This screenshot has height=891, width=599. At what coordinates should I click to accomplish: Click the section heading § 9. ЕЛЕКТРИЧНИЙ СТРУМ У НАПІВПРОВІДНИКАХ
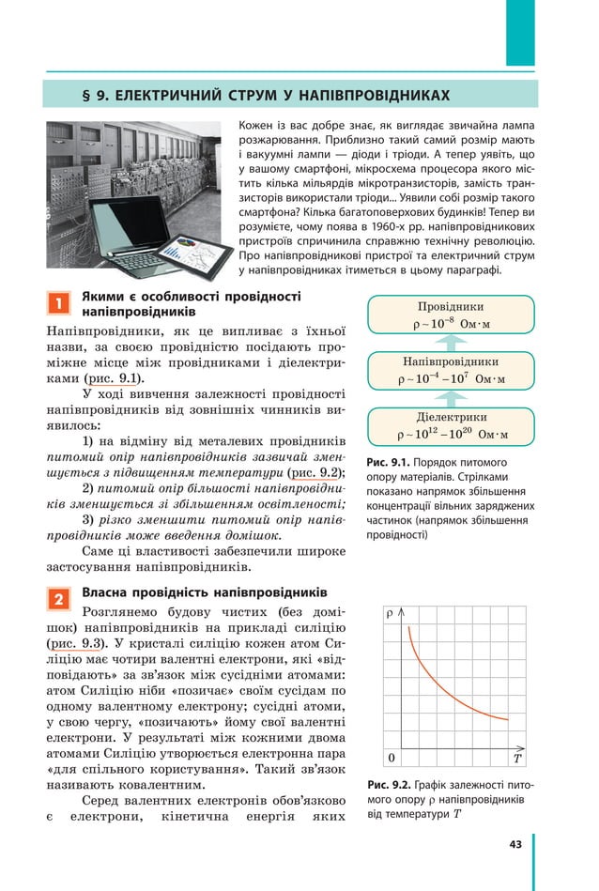[x=266, y=95]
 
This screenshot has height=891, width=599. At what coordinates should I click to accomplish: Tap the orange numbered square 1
[x=57, y=303]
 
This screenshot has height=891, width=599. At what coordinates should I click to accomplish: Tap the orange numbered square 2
[x=57, y=599]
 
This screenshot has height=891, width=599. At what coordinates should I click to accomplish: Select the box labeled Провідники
[x=451, y=315]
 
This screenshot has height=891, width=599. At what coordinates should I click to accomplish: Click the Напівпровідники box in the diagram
[x=451, y=370]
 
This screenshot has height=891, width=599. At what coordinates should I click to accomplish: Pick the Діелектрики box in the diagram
[x=451, y=425]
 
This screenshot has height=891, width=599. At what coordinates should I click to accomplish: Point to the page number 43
[x=515, y=844]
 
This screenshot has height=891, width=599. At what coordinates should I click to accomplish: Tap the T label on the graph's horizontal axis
[x=516, y=758]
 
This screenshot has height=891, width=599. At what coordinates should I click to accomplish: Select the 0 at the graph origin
[x=392, y=758]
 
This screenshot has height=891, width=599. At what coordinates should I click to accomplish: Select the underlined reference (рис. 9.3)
[x=76, y=643]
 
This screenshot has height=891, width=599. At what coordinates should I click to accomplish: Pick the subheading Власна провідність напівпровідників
[x=205, y=593]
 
